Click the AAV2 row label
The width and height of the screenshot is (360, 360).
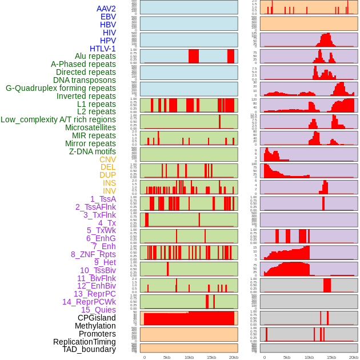[x=106, y=9]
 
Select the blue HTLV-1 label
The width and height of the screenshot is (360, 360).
[x=102, y=49]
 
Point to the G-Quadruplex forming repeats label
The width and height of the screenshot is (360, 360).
[x=61, y=88]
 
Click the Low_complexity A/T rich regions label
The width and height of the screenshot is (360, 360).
[x=58, y=119]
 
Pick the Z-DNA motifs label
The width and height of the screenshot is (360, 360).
[x=92, y=151]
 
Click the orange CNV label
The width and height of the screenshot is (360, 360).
[x=107, y=159]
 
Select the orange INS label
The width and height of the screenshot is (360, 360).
[x=109, y=183]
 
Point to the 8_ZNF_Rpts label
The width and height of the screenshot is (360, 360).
[x=93, y=254]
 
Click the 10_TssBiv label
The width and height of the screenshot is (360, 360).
[x=98, y=270]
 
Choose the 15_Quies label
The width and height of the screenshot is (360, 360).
[x=98, y=310]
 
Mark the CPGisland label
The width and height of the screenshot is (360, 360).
[x=97, y=318]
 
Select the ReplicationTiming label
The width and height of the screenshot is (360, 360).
[x=84, y=342]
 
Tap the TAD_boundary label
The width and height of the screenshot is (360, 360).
[x=89, y=349]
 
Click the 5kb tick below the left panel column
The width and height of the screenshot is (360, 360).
[x=167, y=357]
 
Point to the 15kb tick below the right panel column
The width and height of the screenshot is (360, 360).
[x=331, y=357]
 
